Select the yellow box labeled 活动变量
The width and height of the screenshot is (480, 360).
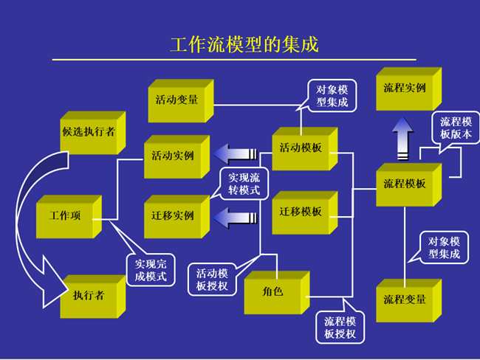(177, 100)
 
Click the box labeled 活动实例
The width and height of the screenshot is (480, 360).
(173, 156)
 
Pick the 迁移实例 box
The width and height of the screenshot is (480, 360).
(173, 216)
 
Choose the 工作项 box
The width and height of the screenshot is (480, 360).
(65, 217)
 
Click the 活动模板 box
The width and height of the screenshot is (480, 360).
(301, 148)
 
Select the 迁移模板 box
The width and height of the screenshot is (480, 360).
(301, 212)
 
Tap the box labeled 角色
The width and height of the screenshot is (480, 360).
(272, 293)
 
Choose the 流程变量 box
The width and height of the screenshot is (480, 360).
(405, 300)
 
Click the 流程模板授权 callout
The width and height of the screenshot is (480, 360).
(340, 328)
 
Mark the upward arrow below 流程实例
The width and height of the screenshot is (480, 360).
(402, 136)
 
